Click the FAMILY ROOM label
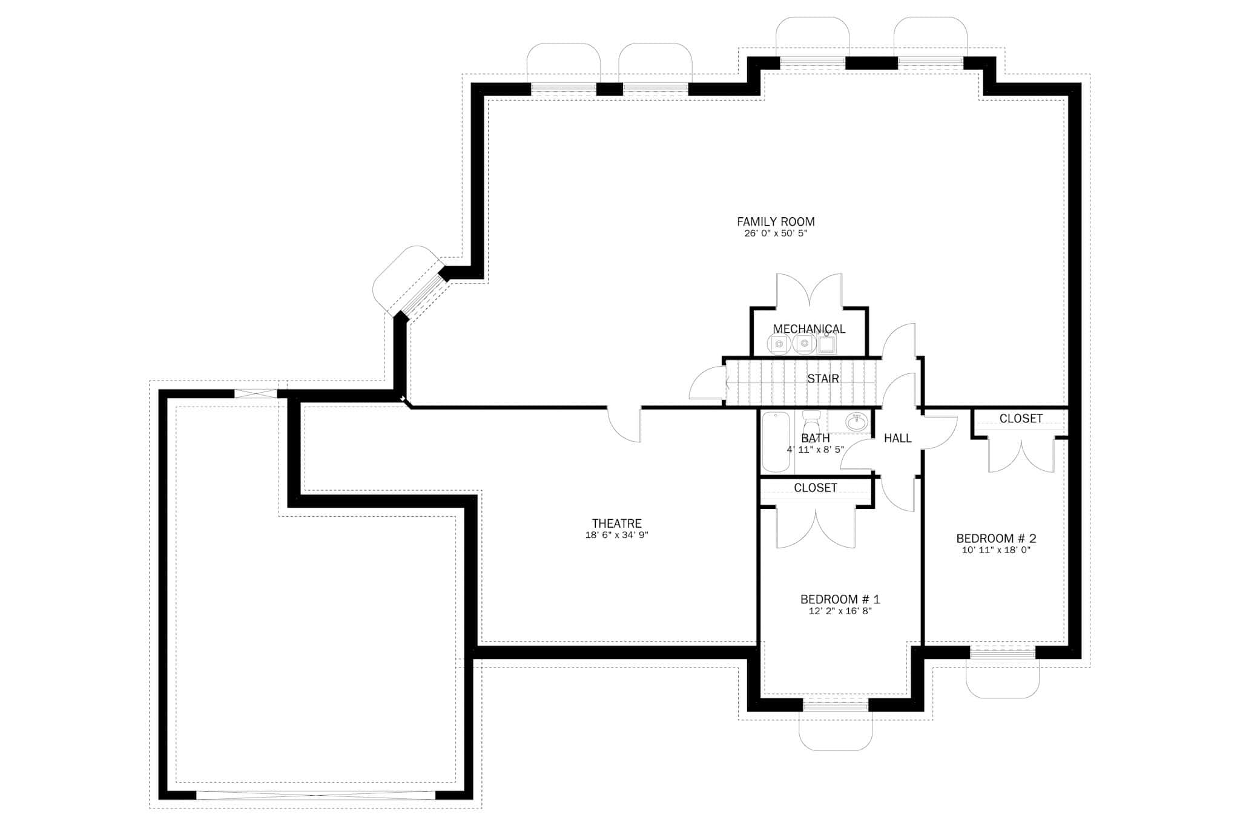[776, 221]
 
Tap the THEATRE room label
[616, 523]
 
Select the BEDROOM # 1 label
[840, 599]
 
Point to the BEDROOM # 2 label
[996, 538]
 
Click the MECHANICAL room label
[809, 329]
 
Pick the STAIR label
[823, 379]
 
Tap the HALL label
[897, 438]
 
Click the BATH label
[815, 438]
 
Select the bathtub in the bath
[776, 442]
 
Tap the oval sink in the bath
[856, 422]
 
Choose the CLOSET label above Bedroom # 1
[815, 488]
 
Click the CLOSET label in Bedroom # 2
[1021, 419]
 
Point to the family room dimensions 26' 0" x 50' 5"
[776, 234]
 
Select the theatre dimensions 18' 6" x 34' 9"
[616, 535]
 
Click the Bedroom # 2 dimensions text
[996, 550]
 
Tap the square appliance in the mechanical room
[826, 345]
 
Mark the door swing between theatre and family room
[624, 424]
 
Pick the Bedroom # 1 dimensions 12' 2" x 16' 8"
[840, 611]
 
